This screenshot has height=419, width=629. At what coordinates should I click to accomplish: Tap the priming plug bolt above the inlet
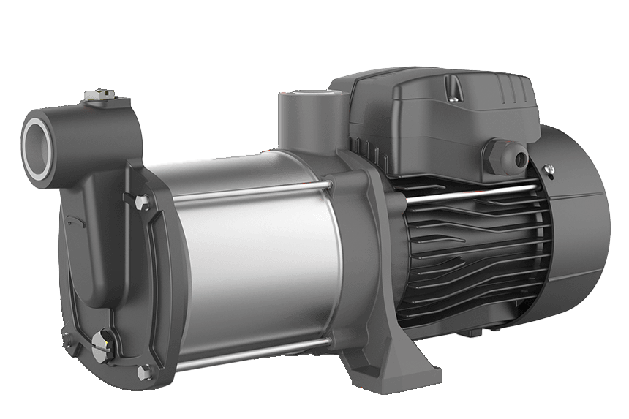(x=95, y=96)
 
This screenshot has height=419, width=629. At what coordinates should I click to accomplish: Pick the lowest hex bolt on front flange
(x=143, y=372)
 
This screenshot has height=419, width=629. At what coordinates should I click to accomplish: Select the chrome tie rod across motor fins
(x=468, y=192)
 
